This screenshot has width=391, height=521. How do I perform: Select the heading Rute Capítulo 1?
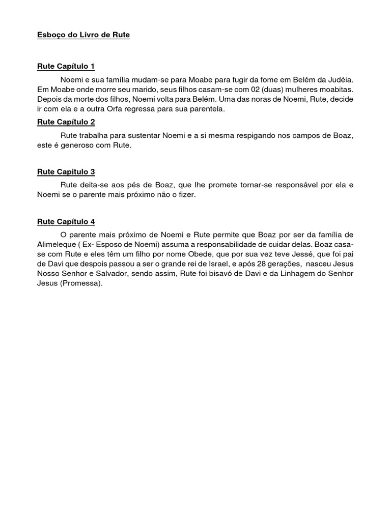pos(66,67)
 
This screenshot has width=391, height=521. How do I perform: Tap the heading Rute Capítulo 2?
pos(66,122)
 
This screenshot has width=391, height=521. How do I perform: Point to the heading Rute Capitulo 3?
pos(66,172)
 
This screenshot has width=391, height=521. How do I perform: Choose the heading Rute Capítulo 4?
pos(66,221)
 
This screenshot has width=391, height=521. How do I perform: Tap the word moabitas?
pos(334,89)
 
